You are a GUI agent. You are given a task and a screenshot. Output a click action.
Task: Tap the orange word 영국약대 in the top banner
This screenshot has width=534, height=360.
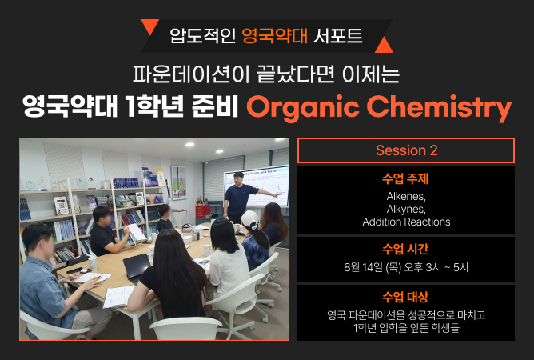pos(274,36)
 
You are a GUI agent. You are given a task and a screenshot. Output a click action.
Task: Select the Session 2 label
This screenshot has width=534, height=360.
pos(406,150)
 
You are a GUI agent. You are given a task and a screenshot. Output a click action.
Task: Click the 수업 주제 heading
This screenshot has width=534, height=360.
pos(405,178)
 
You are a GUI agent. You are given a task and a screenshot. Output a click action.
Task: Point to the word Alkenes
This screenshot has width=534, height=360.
pos(406,196)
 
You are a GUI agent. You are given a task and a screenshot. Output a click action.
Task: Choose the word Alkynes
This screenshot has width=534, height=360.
pos(406,209)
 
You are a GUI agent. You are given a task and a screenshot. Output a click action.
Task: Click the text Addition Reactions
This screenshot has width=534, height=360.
pos(406,222)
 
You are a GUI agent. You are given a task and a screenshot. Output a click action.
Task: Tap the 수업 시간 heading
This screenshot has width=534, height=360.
pos(405,250)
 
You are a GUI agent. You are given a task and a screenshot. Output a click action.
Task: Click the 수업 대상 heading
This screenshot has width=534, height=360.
pos(405,297)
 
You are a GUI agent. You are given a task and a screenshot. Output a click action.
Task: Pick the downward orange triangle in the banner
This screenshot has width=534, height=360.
pos(149,26)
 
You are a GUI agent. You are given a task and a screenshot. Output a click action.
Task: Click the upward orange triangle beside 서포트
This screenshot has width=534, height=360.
pos(384,45)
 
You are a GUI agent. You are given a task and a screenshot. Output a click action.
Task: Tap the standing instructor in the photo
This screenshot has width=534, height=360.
pos(241,197)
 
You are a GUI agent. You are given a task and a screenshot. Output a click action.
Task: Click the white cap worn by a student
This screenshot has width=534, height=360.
pos(249,219)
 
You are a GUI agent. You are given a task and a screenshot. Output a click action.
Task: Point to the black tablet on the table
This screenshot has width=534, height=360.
pos(137,266)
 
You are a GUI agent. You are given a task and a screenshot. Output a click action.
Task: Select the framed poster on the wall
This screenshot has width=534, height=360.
pos(179,182)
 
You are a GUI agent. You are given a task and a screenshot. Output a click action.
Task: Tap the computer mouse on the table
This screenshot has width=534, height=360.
pos(83,270)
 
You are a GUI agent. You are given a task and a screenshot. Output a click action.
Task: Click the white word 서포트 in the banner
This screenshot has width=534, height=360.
pos(337,36)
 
